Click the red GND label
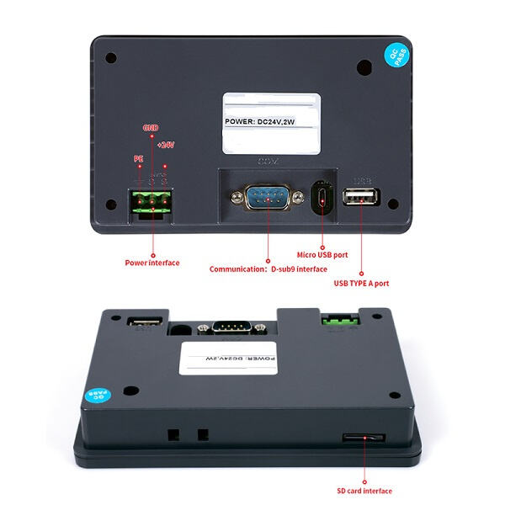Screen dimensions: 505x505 tap(150, 128)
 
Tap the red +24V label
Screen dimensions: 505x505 tap(165, 144)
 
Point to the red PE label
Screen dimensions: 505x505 tap(139, 159)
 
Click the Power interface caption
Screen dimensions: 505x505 tap(152, 263)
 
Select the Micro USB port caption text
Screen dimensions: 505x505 tap(322, 254)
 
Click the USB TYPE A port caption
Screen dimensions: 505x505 tap(362, 283)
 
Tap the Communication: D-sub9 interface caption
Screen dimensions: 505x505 tap(268, 269)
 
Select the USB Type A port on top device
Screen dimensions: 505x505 tap(361, 197)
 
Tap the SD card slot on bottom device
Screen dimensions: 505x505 tap(364, 438)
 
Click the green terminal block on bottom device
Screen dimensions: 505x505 tap(339, 321)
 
